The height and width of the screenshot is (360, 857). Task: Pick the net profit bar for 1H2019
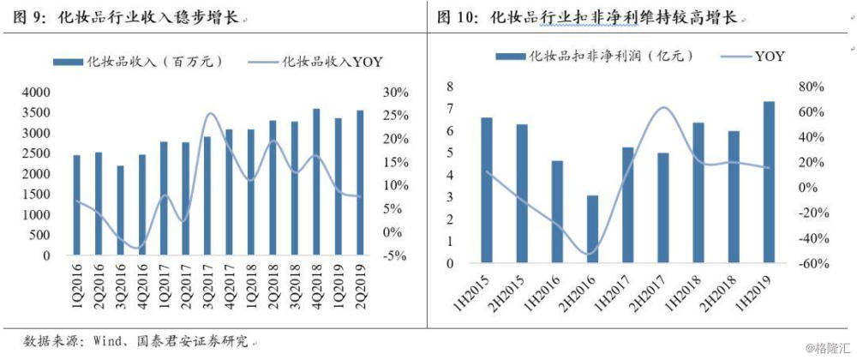(769, 181)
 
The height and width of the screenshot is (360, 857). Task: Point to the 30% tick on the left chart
(396, 93)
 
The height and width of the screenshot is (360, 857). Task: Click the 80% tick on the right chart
(812, 87)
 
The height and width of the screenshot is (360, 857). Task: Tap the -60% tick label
(810, 264)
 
